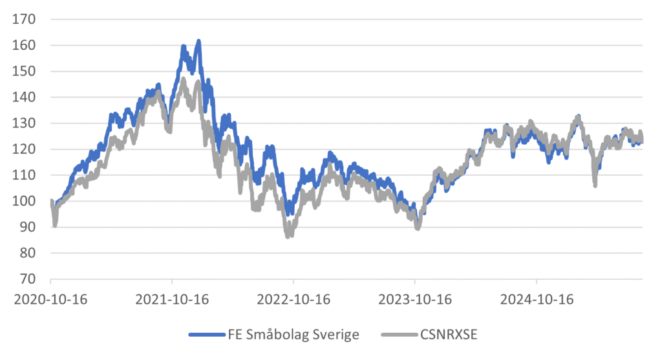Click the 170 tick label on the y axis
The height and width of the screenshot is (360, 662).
click(25, 19)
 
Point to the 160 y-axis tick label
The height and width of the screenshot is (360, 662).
click(25, 45)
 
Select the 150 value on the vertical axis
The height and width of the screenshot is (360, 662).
click(25, 71)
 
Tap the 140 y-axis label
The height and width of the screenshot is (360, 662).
click(25, 97)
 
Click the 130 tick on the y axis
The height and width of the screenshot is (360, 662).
click(25, 123)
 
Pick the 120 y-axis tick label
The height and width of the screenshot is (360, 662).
click(25, 149)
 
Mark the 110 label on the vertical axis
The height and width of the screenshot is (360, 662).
click(25, 175)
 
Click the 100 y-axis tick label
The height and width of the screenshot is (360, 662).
click(25, 201)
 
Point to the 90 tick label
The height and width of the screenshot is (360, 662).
click(28, 227)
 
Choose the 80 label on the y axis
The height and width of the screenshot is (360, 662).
click(28, 253)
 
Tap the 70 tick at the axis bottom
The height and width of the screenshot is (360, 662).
click(28, 279)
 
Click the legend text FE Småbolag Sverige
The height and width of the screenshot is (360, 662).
click(293, 334)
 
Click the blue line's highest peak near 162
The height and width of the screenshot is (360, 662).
click(198, 41)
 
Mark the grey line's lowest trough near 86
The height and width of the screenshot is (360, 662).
click(288, 236)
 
